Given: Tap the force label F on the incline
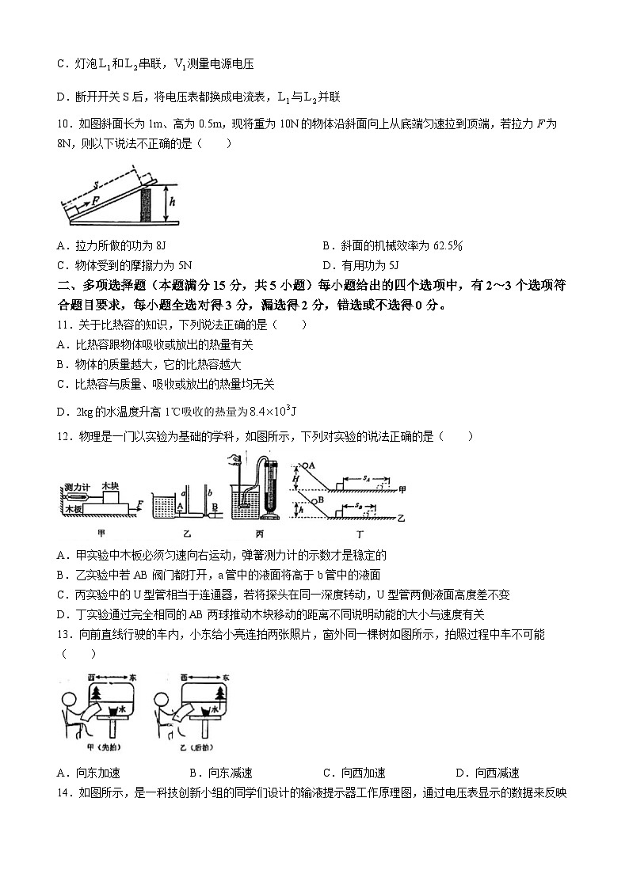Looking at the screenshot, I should (x=95, y=201).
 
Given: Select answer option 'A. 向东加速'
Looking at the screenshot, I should (x=89, y=773).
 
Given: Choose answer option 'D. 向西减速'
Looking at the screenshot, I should (x=487, y=773).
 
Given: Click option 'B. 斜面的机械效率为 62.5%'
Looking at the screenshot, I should (x=392, y=245).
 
